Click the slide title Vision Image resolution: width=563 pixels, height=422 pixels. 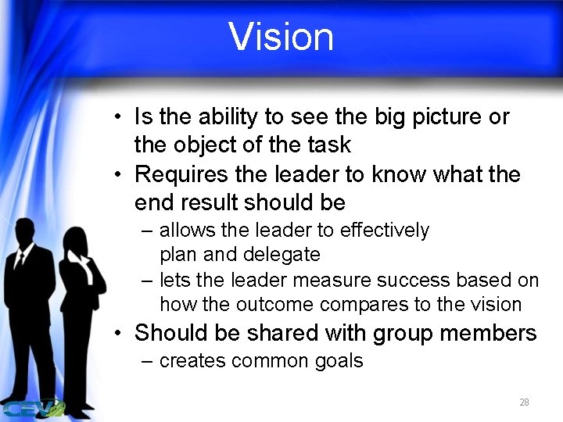click(x=281, y=37)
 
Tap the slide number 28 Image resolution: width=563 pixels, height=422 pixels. click(x=524, y=402)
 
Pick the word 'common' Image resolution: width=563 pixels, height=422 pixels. click(x=257, y=361)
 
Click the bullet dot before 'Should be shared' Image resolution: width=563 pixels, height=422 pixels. click(x=116, y=334)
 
